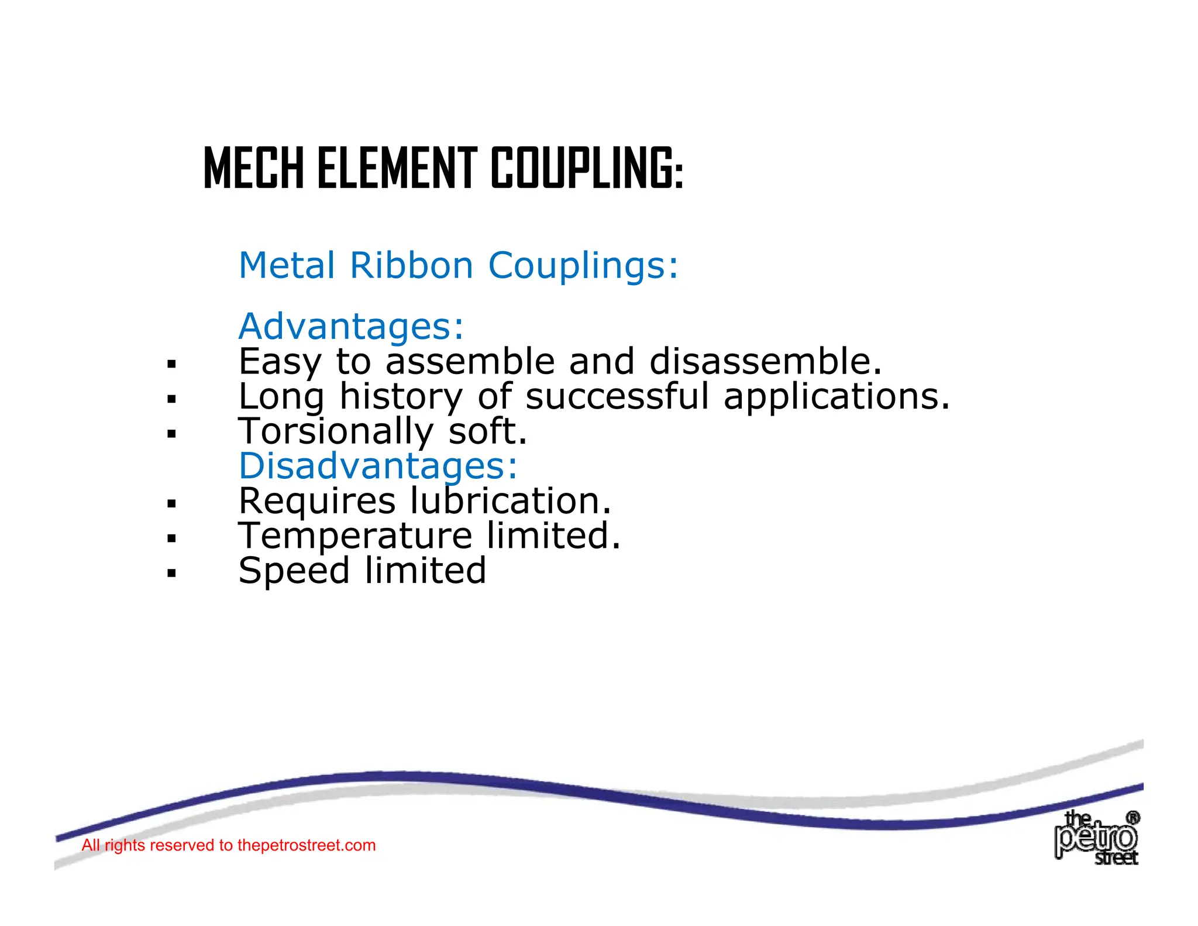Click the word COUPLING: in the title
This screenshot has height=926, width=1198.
tap(587, 169)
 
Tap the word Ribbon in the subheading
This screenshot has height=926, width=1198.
tap(411, 265)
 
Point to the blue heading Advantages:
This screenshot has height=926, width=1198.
tap(351, 326)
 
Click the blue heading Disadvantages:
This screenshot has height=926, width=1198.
tap(378, 466)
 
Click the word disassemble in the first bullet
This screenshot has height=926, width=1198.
tap(765, 361)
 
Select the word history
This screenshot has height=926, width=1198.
tap(401, 396)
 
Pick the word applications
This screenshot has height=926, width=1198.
tap(836, 396)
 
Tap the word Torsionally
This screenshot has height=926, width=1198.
tap(336, 431)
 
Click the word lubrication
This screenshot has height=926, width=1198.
tap(510, 501)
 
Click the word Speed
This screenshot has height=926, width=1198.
tap(294, 571)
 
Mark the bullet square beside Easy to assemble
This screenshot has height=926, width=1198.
tap(171, 365)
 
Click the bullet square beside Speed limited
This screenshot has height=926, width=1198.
tap(171, 573)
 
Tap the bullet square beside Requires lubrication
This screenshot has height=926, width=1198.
tap(171, 503)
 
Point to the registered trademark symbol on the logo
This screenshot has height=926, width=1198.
tap(1132, 818)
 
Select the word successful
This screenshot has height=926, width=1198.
tap(617, 396)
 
